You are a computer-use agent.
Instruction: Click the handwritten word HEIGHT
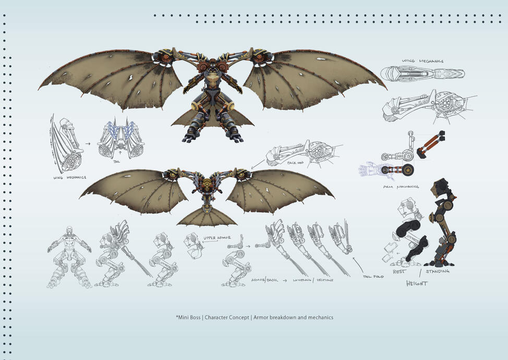point(417,283)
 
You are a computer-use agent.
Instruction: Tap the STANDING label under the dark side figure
point(437,271)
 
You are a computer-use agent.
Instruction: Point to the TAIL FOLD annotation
point(373,277)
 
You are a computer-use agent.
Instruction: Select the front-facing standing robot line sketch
point(69,257)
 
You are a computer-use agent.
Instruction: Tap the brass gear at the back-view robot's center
point(207,184)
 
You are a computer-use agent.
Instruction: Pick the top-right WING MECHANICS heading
point(422,62)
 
